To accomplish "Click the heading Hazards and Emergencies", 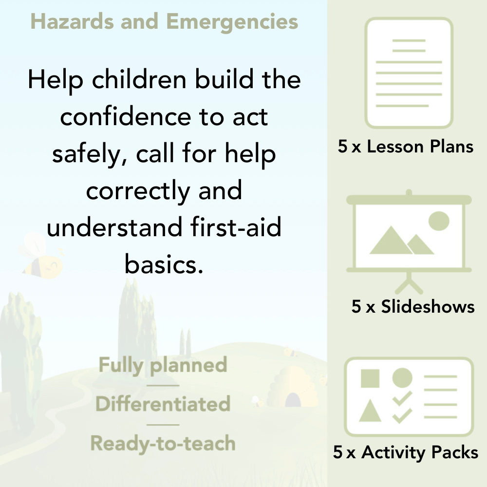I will [164, 22].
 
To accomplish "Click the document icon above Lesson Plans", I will [409, 73].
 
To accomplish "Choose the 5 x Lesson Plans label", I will [406, 147].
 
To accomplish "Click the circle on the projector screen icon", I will [438, 220].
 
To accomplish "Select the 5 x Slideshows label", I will [413, 307].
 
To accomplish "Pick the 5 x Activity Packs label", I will [406, 453].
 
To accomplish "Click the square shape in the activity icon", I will [370, 378].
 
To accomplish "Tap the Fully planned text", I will [163, 365].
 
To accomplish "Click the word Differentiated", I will [163, 404].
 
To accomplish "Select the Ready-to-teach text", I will [163, 444].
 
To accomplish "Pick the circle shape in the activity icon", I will [402, 377].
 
